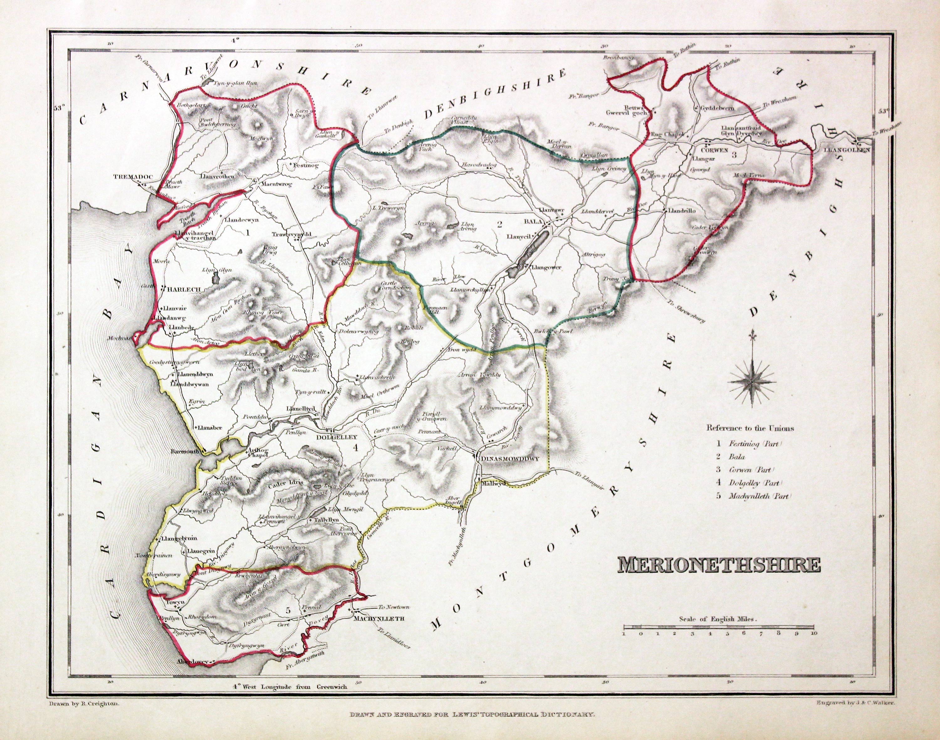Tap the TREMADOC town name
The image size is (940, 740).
tap(130, 177)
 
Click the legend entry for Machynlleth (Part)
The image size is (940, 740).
tap(755, 497)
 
